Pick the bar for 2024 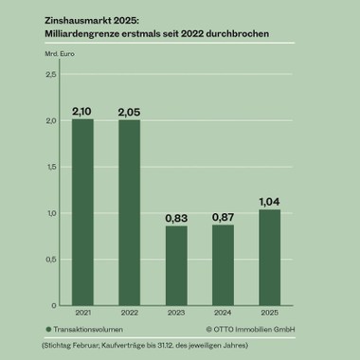pos(224,265)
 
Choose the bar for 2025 pos(270,258)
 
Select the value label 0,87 pos(224,217)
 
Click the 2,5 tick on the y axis pos(51,75)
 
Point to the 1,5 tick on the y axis pos(51,167)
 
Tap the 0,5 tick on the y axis pos(51,260)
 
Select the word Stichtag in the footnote pos(59,346)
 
